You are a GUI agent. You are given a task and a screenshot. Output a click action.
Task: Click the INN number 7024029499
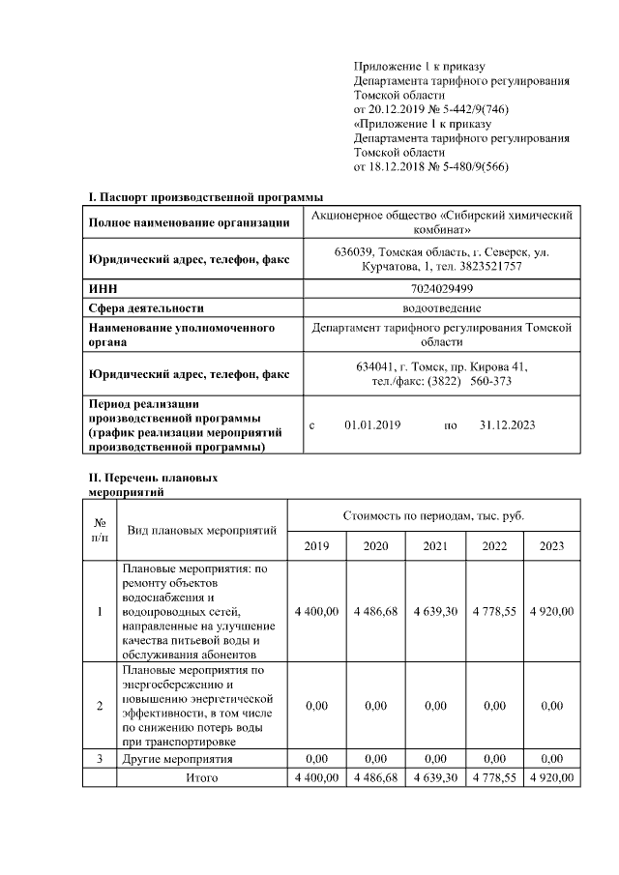pyautogui.click(x=441, y=289)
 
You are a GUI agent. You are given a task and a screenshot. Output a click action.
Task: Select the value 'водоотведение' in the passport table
pyautogui.click(x=441, y=308)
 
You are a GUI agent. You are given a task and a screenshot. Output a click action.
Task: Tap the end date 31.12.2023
pyautogui.click(x=507, y=424)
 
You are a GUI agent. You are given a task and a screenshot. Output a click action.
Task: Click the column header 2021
pyautogui.click(x=435, y=546)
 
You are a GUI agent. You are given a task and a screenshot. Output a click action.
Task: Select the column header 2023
pyautogui.click(x=551, y=546)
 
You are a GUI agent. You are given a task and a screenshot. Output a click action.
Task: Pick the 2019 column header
pyautogui.click(x=316, y=546)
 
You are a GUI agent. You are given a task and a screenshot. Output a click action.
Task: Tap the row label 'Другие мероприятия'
pyautogui.click(x=178, y=759)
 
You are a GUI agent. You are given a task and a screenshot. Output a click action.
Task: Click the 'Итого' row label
pyautogui.click(x=201, y=777)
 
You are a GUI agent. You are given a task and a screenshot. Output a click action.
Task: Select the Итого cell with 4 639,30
pyautogui.click(x=435, y=777)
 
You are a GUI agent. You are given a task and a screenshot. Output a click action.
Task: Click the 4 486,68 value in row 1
pyautogui.click(x=375, y=611)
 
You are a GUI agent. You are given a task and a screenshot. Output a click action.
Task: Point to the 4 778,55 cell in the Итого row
pyautogui.click(x=494, y=777)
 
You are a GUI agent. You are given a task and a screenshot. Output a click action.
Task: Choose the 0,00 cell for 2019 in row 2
pyautogui.click(x=316, y=706)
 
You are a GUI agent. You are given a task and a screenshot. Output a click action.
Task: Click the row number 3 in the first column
pyautogui.click(x=100, y=759)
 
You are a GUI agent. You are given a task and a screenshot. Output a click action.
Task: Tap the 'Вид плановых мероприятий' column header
pyautogui.click(x=202, y=530)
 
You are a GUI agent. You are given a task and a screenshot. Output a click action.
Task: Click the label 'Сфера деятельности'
pyautogui.click(x=146, y=308)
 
